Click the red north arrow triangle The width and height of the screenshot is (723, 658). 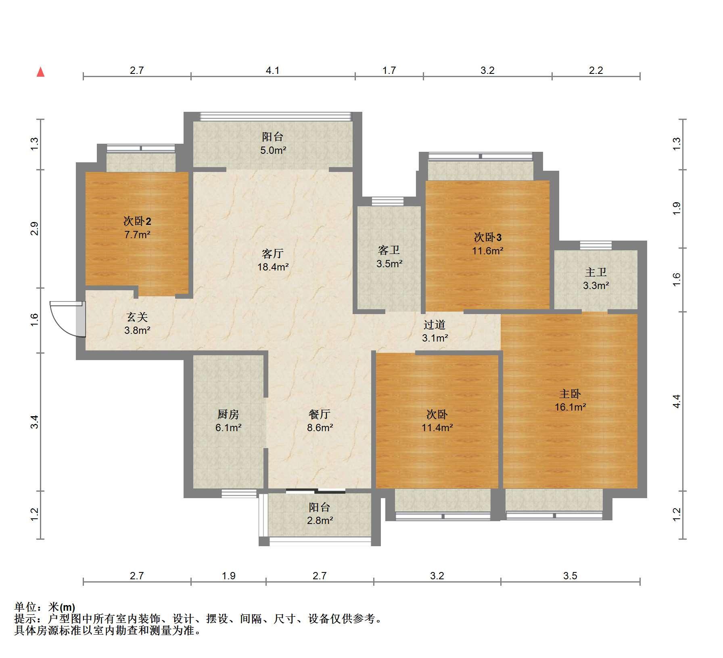click(x=40, y=72)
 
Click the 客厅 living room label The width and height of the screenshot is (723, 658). click(x=273, y=254)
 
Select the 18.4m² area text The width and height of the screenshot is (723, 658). click(x=273, y=267)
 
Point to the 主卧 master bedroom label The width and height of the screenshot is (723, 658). click(x=570, y=394)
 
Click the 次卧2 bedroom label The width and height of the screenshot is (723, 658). click(x=137, y=221)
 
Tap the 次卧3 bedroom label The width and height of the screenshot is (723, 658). click(x=488, y=237)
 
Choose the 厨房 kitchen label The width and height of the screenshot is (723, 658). click(x=228, y=414)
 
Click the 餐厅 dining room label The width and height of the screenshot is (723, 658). click(x=320, y=414)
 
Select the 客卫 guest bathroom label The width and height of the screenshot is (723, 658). click(x=389, y=250)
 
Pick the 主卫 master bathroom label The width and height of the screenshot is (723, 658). click(x=596, y=272)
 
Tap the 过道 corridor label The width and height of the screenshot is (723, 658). click(x=435, y=325)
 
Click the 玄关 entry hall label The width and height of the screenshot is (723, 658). click(x=137, y=317)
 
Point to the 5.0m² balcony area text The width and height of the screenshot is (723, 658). click(x=273, y=151)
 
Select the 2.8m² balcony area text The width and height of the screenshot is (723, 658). click(x=320, y=521)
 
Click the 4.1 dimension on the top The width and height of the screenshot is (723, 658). click(x=273, y=71)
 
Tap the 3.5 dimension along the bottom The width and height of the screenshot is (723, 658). click(x=570, y=576)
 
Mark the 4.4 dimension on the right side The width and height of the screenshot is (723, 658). click(x=677, y=401)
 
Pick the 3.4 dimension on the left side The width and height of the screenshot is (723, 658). click(x=35, y=422)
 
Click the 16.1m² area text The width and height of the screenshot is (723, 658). click(x=570, y=407)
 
